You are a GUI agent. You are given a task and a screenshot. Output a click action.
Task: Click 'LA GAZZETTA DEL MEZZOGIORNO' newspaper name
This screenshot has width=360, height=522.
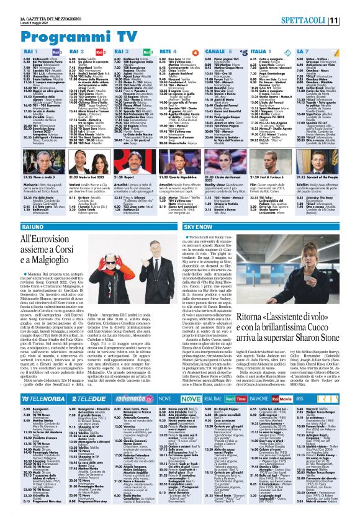click(37, 5)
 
